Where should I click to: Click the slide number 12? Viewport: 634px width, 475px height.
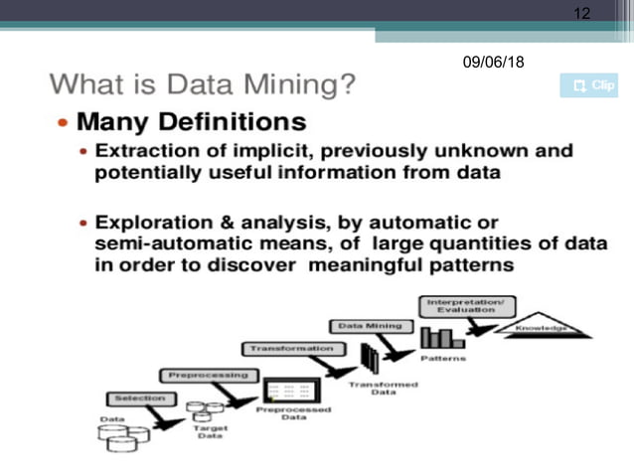(x=582, y=13)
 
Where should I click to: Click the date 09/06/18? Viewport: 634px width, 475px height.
(x=493, y=63)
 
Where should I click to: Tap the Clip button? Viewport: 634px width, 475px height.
(x=588, y=85)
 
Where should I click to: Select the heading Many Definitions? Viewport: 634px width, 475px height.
(x=191, y=122)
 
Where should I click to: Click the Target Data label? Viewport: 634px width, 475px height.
(x=210, y=431)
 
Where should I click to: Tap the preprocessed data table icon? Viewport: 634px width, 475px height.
(x=286, y=388)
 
